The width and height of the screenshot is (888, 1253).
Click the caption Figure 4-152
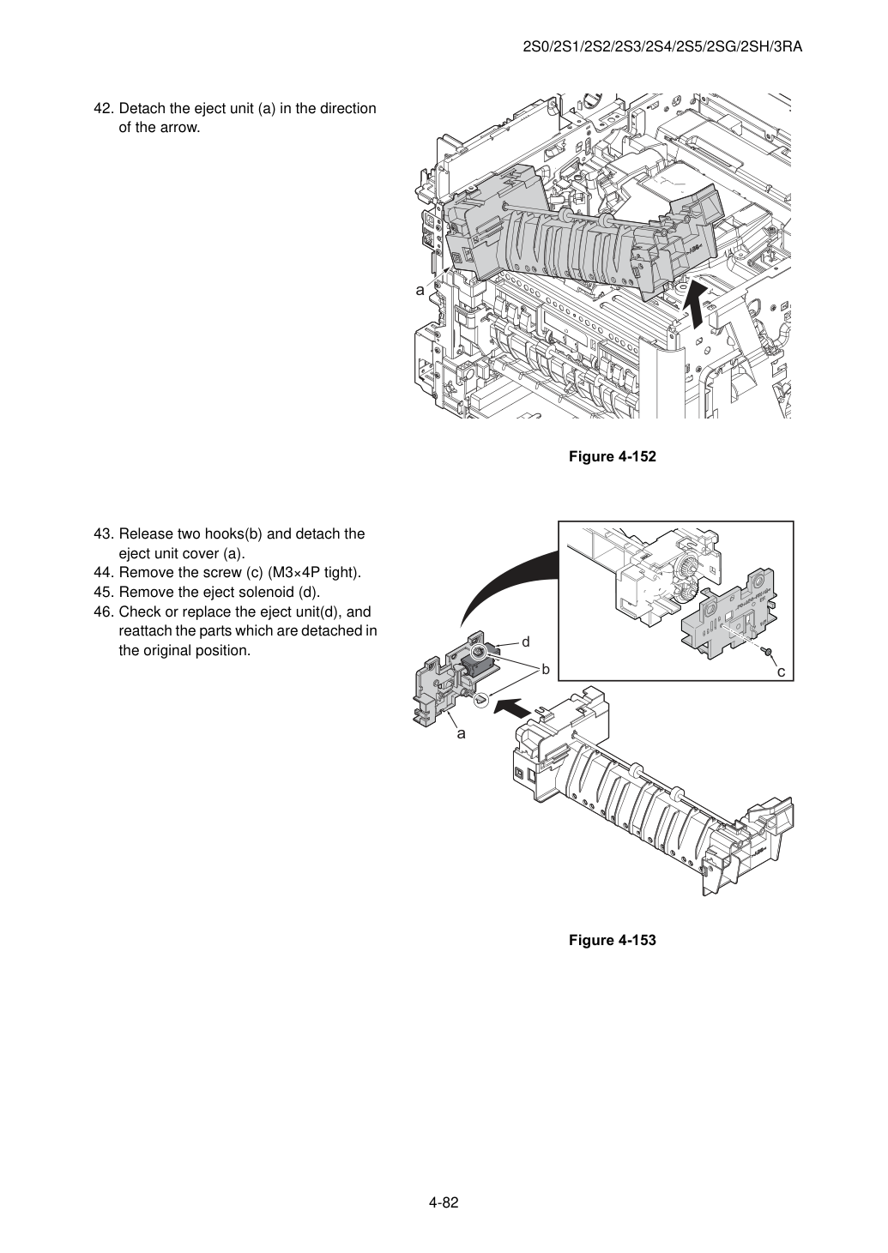(612, 456)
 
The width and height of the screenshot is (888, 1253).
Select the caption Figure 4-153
(612, 940)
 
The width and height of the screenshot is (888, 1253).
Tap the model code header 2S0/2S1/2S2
(571, 47)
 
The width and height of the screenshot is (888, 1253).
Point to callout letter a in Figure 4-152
(420, 291)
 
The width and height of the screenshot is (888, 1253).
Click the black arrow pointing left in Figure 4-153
(511, 708)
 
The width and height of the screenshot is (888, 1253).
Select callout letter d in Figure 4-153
(525, 642)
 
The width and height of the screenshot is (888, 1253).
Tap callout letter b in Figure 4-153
(546, 669)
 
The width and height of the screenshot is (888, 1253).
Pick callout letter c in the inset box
(781, 672)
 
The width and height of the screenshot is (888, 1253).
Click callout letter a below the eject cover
(461, 733)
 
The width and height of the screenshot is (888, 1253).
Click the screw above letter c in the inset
(767, 651)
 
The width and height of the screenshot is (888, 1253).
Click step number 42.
(104, 109)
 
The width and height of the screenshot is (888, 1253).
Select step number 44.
(104, 573)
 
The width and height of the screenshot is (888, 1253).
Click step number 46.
(104, 611)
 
